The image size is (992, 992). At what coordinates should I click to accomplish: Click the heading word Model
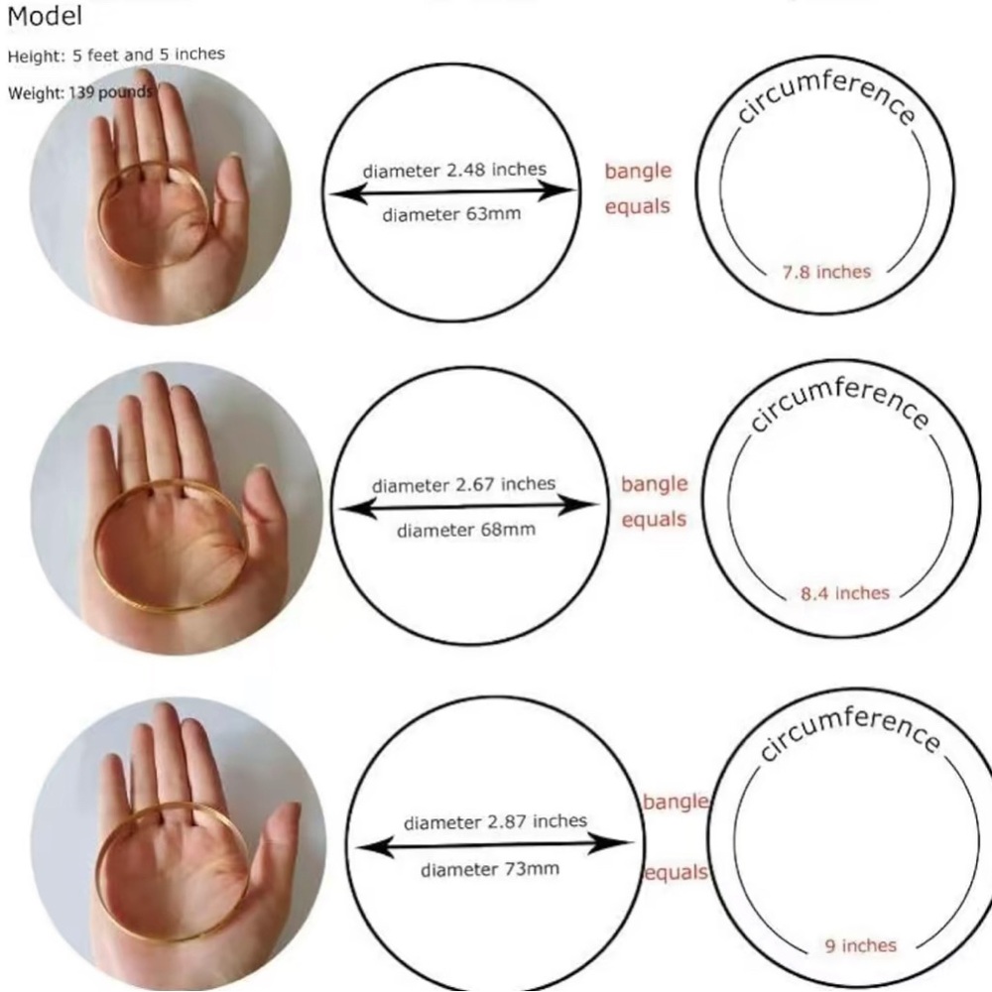click(x=45, y=17)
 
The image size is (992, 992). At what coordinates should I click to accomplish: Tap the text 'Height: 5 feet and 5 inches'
click(x=116, y=56)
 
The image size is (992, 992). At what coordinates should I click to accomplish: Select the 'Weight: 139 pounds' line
click(x=79, y=93)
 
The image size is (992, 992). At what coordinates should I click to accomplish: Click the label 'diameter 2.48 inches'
click(x=454, y=171)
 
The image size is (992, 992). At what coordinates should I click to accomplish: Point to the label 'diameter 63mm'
click(x=451, y=214)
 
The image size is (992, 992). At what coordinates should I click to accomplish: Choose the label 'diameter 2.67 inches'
click(x=463, y=486)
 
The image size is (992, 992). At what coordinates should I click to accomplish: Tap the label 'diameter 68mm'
click(x=465, y=530)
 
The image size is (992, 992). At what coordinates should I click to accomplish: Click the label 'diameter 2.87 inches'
click(x=495, y=822)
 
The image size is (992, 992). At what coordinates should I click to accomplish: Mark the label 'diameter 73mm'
click(x=490, y=870)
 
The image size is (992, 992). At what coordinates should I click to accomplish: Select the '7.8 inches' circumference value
click(x=826, y=272)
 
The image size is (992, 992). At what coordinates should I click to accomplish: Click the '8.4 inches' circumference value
click(x=845, y=593)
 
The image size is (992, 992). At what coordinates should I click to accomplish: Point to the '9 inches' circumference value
click(x=860, y=945)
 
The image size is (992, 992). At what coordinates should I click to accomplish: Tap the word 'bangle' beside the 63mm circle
click(x=638, y=172)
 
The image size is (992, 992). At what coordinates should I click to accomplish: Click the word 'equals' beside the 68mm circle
click(x=654, y=519)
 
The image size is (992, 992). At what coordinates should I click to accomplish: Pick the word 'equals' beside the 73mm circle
click(x=678, y=873)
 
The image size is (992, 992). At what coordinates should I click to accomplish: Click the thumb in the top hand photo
click(x=230, y=198)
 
